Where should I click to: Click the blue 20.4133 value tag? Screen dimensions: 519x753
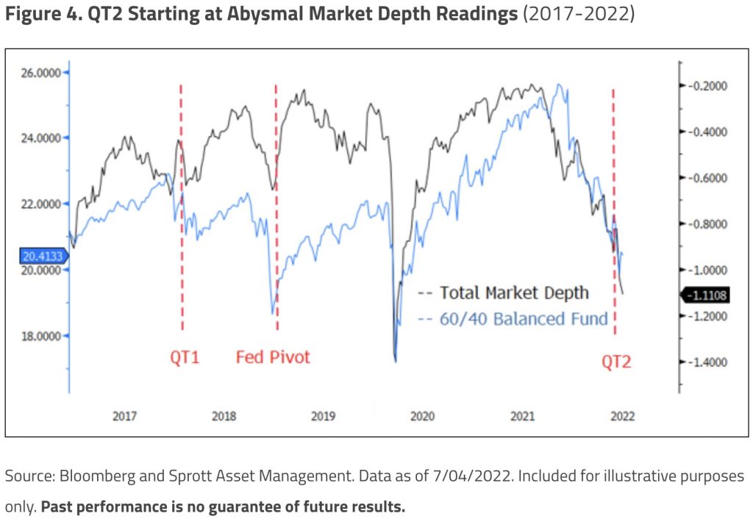pyautogui.click(x=43, y=256)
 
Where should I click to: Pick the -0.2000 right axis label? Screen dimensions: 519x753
pyautogui.click(x=707, y=86)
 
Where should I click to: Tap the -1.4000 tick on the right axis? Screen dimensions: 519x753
pyautogui.click(x=707, y=362)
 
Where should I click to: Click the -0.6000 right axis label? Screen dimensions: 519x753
pyautogui.click(x=707, y=178)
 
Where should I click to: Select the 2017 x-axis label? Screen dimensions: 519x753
pyautogui.click(x=124, y=416)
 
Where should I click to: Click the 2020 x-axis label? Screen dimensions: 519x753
pyautogui.click(x=422, y=416)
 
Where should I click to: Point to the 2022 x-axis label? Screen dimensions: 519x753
pyautogui.click(x=621, y=416)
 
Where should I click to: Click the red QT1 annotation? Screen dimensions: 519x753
pyautogui.click(x=185, y=358)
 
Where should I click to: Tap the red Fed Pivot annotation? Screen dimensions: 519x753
pyautogui.click(x=273, y=357)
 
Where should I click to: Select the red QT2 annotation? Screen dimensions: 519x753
pyautogui.click(x=616, y=362)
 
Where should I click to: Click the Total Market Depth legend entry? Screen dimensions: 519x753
pyautogui.click(x=514, y=293)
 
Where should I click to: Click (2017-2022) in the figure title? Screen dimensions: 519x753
pyautogui.click(x=578, y=15)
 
